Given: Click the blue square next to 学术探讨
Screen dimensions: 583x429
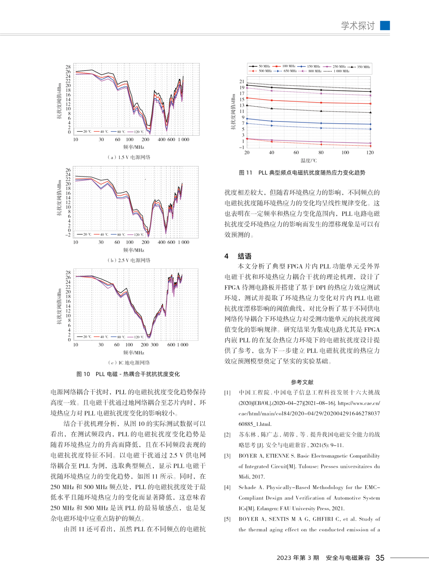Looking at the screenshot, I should tap(385, 25).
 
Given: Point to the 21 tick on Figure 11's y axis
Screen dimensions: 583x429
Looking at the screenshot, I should tap(242, 82).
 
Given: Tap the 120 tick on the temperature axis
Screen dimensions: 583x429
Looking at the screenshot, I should tap(370, 153).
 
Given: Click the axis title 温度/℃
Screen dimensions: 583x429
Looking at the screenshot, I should tap(309, 161).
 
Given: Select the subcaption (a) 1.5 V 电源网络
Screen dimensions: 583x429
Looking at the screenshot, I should tap(129, 157).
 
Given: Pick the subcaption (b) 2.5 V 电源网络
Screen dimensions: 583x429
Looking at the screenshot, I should tap(129, 260).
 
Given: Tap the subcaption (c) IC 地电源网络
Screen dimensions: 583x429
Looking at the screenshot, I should tap(129, 363).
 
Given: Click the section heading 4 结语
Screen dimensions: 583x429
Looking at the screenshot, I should tap(238, 256).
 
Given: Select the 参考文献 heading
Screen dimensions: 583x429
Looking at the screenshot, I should tap(302, 382).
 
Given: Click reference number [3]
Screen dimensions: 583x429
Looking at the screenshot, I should tap(227, 456).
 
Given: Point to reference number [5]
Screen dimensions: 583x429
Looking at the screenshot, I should tap(227, 519).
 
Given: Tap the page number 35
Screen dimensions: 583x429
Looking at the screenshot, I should tap(380, 558).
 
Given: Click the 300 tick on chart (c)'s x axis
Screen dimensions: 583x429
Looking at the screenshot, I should tap(155, 345).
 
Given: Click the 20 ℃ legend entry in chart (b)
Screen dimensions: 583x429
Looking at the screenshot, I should tap(84, 235).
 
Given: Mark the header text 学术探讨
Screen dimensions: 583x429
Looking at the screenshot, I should tap(358, 26).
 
